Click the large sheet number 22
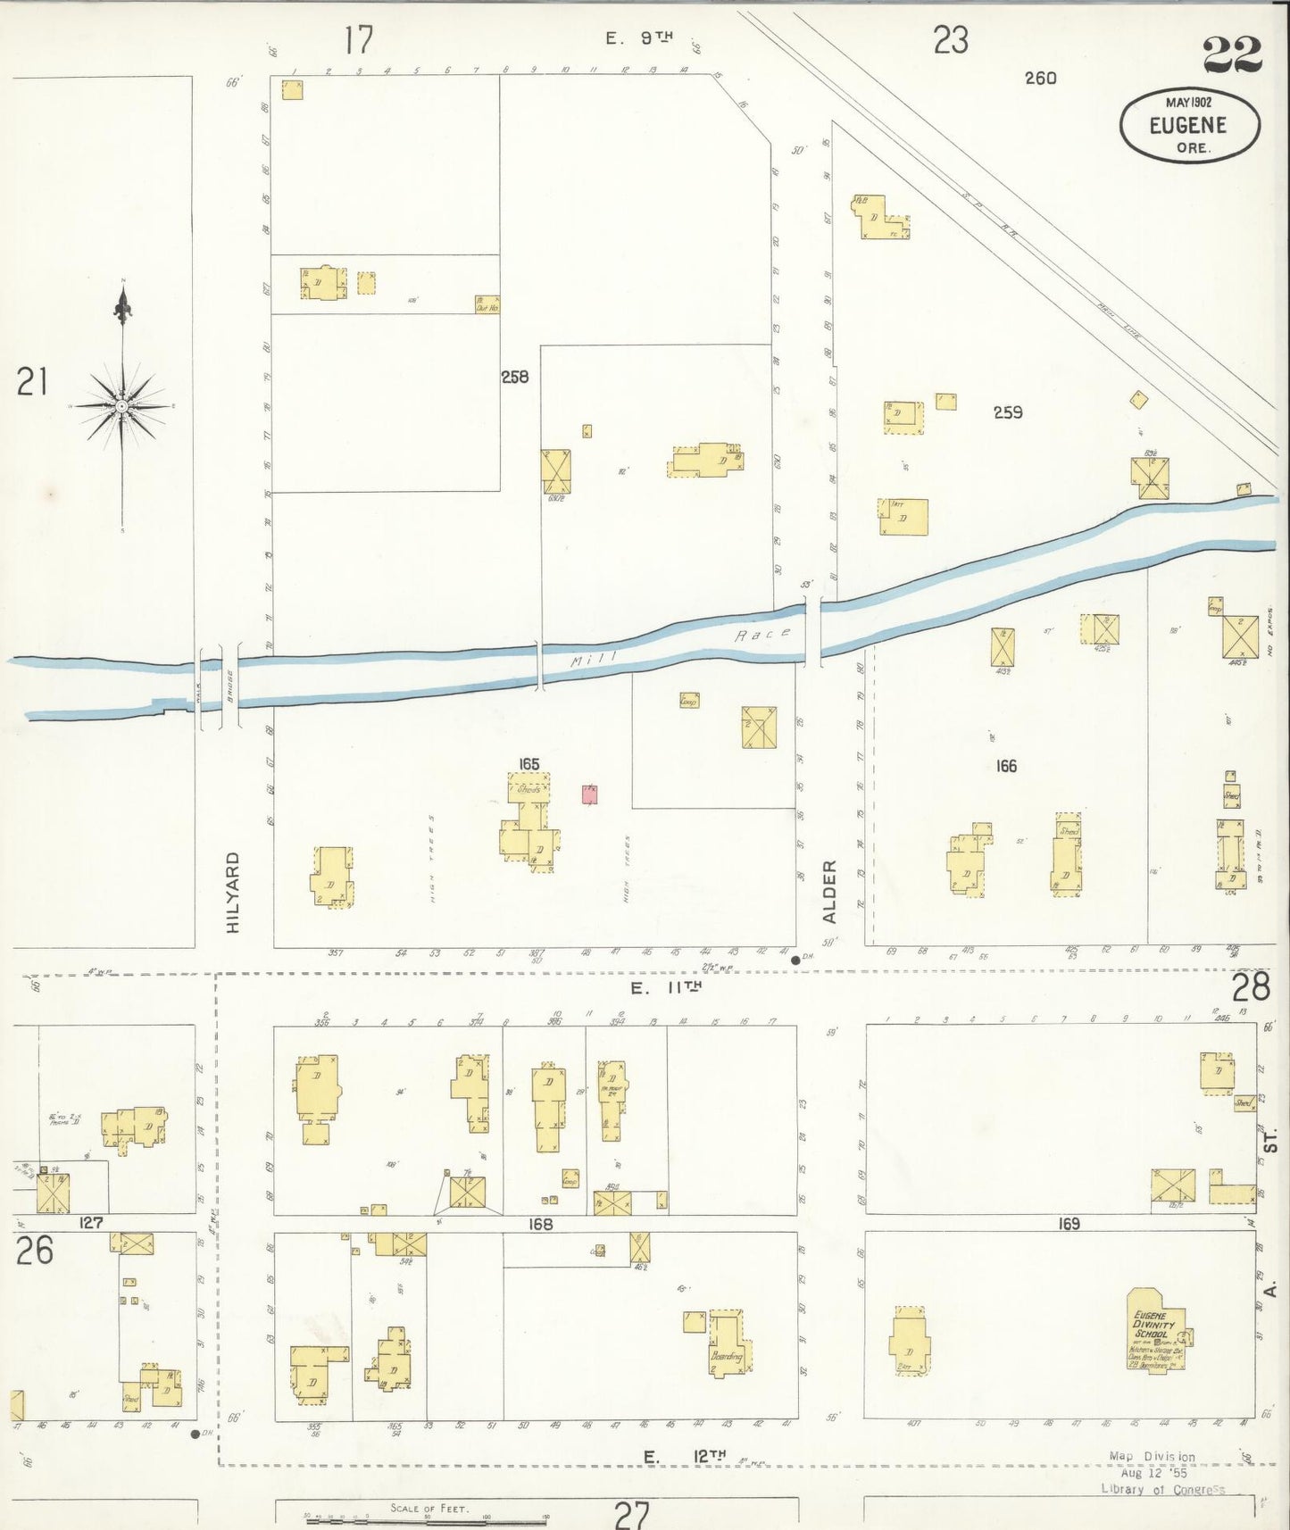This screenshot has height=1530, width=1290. (1232, 55)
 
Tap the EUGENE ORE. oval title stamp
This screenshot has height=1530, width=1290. (1189, 126)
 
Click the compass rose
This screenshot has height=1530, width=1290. (121, 406)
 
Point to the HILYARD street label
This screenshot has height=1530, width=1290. (234, 892)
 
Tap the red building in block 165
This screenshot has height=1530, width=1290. (589, 794)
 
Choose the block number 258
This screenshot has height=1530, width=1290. (514, 377)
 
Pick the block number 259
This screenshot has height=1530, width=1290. (1007, 412)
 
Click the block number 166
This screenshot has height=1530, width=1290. (1006, 766)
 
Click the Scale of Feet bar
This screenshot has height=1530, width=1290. (427, 1519)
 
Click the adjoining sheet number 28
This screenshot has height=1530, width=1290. (1250, 988)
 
